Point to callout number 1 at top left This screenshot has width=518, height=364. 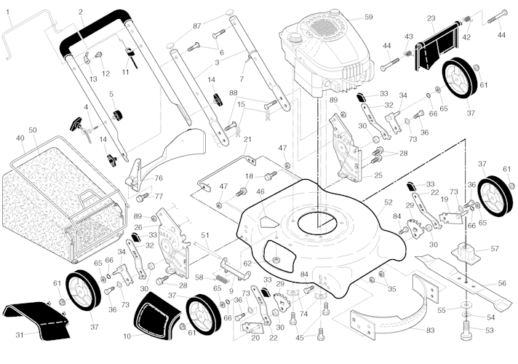[x=8, y=12]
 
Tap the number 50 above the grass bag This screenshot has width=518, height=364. [x=32, y=130]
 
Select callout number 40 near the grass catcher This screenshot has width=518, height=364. [x=19, y=138]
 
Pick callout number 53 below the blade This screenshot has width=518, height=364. [x=490, y=330]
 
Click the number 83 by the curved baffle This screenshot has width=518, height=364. [x=431, y=331]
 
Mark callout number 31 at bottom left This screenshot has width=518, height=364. [x=20, y=334]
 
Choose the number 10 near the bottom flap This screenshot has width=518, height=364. [x=127, y=336]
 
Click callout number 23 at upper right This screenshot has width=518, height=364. [x=451, y=18]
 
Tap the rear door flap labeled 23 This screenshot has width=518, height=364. [x=437, y=45]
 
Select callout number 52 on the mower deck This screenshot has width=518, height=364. [x=388, y=202]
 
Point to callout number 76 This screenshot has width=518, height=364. [x=158, y=178]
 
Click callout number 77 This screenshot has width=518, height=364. [x=159, y=197]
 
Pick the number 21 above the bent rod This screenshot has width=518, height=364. [x=247, y=140]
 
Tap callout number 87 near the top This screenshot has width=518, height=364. [x=197, y=26]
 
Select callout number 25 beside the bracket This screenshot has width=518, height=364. [x=378, y=175]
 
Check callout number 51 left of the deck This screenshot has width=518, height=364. [x=205, y=235]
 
